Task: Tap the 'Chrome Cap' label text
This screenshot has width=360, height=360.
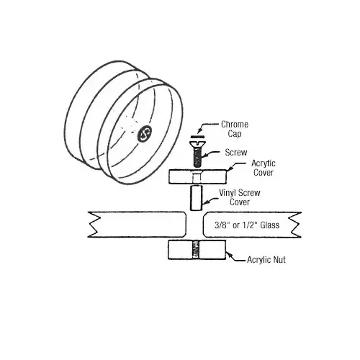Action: pos(235,129)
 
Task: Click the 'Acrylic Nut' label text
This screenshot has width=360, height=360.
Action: pos(266,259)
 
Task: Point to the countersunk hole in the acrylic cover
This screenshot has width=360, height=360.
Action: pos(197,175)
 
